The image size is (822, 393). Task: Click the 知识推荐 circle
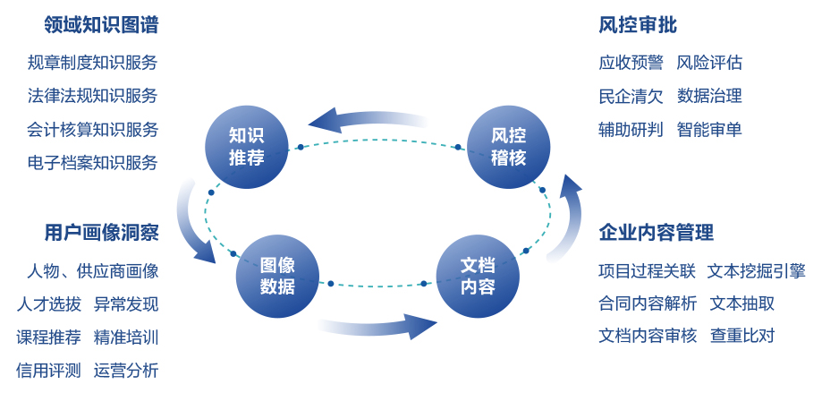point(247,147)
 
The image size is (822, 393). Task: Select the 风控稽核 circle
point(508,147)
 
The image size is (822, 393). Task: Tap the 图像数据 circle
point(277,276)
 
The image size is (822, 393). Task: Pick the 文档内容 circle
point(477,276)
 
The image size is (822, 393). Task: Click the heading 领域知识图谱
point(101,24)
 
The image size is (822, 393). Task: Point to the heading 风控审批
point(637,24)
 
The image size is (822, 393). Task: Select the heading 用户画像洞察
point(101,233)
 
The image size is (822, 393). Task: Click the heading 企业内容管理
point(656,233)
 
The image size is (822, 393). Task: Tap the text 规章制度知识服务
point(92,63)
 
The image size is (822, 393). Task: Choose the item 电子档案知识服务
point(92,163)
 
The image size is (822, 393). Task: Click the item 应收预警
point(631,63)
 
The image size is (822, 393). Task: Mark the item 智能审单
point(709,129)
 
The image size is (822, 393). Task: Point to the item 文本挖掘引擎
point(756,270)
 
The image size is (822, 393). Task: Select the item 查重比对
point(742,336)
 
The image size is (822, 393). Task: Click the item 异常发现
point(126,303)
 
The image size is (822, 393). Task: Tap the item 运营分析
point(126,370)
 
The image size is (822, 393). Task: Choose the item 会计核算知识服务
point(92,129)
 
